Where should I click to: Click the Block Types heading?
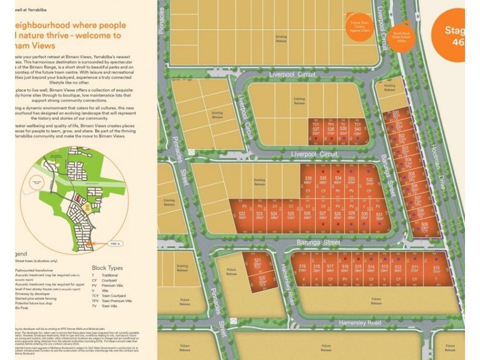coord(107,268)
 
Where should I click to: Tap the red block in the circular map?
coord(76,199)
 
